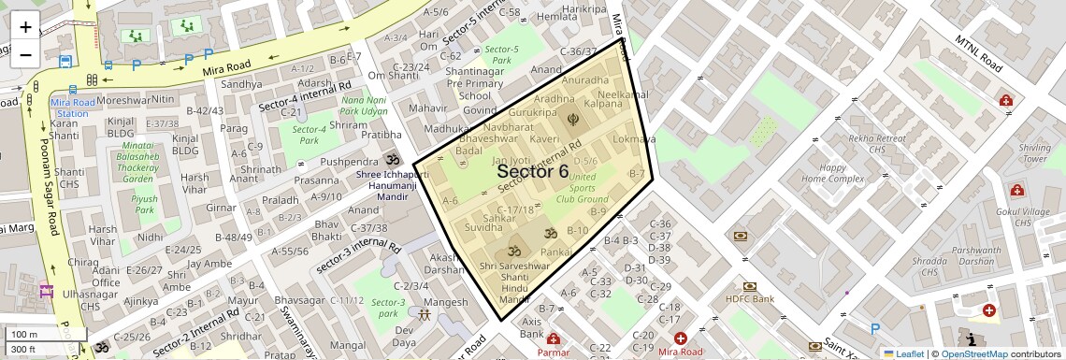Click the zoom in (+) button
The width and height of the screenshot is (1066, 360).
[x=25, y=26]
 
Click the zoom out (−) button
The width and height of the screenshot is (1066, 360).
[x=25, y=53]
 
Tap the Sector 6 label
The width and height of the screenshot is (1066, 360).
[x=532, y=171]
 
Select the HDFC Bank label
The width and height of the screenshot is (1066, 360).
[x=750, y=299]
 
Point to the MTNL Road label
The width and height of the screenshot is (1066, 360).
[x=979, y=54]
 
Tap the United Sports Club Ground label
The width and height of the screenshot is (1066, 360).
[x=582, y=187]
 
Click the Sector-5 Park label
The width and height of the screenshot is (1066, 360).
[x=502, y=54]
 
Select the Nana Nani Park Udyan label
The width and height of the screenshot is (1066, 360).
[x=364, y=106]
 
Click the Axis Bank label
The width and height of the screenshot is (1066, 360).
[x=532, y=327]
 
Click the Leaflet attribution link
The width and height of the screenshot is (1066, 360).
[x=903, y=353]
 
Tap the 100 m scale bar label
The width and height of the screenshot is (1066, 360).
[x=24, y=334]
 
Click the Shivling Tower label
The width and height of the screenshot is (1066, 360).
[x=1035, y=153]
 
